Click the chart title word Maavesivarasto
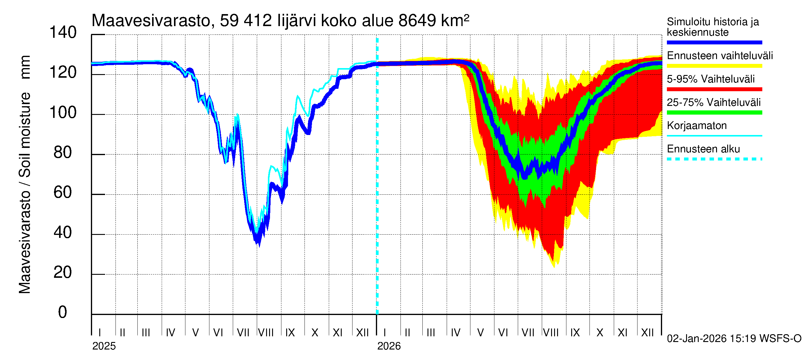[x=151, y=21]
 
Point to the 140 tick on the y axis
[x=63, y=33]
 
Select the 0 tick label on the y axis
[x=63, y=312]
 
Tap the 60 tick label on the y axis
[x=63, y=192]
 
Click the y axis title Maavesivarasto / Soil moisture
[x=25, y=175]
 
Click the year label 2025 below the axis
[x=104, y=346]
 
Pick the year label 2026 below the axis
[x=389, y=346]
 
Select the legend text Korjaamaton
[x=697, y=126]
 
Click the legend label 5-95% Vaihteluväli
[x=710, y=79]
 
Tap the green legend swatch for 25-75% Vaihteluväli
[x=714, y=112]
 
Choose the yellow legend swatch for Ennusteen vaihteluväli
[x=714, y=66]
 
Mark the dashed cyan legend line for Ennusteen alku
[x=714, y=159]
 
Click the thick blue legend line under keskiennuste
[x=714, y=42]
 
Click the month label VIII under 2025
[x=266, y=333]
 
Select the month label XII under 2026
[x=647, y=333]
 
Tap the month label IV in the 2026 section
[x=455, y=333]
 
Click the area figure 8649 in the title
[x=417, y=21]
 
